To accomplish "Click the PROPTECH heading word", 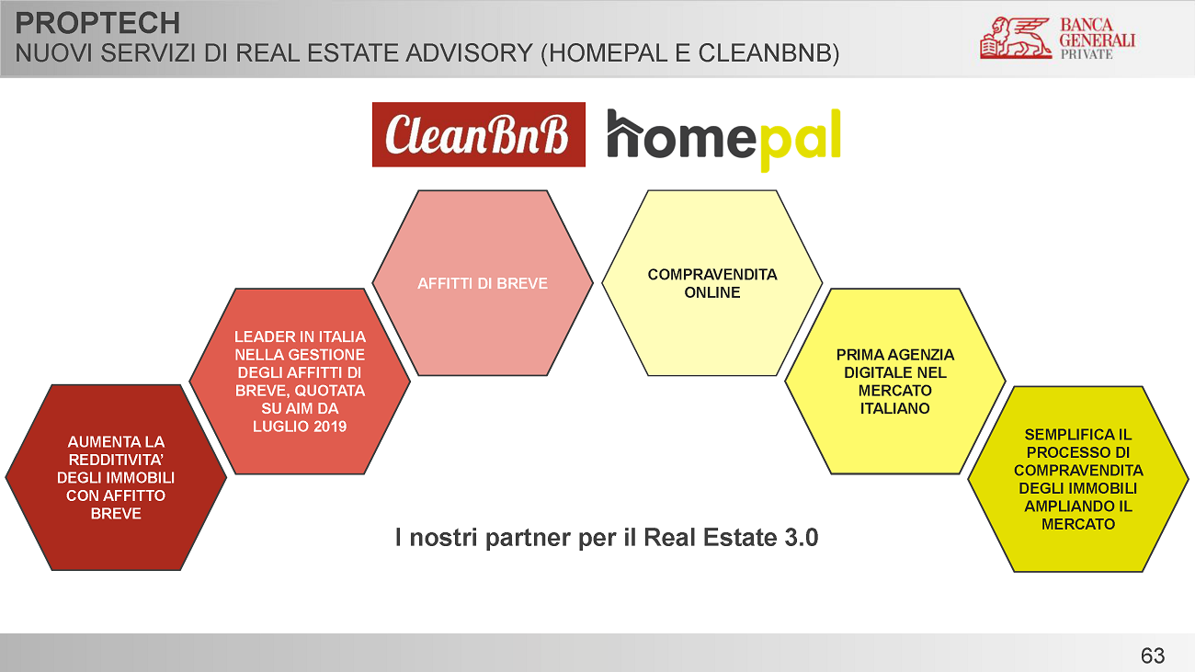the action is click(97, 23).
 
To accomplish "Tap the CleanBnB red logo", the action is click(479, 134).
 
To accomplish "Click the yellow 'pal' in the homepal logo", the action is click(801, 139).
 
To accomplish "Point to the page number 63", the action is click(1153, 655).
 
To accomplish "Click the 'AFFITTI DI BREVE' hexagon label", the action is click(483, 283).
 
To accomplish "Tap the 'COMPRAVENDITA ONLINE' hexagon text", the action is click(712, 283).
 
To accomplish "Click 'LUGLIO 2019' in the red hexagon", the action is click(300, 427).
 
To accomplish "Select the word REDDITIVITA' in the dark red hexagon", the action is click(116, 460).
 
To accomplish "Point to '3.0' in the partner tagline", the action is click(802, 537).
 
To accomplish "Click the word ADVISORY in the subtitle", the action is click(469, 53).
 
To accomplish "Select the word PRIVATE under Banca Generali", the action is click(1087, 54).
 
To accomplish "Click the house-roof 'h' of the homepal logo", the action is click(625, 133).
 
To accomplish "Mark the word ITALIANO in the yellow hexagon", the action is click(894, 408).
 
